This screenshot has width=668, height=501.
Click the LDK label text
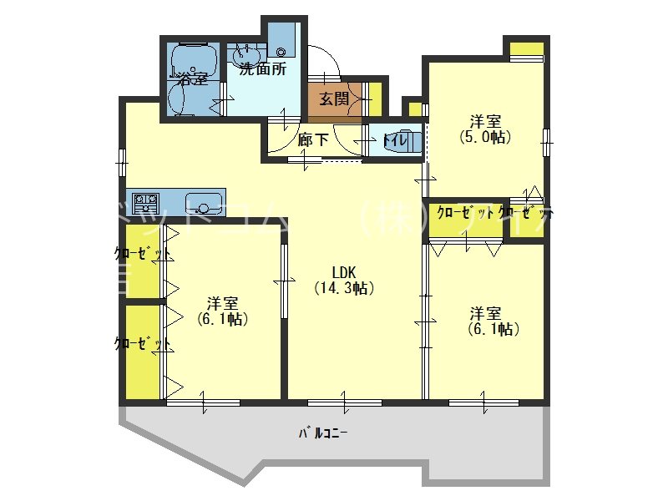coord(345,272)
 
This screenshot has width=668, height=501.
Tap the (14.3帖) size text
coord(344,289)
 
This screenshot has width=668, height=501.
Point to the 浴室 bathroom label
coord(193,80)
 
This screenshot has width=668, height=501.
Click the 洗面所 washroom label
coord(263,69)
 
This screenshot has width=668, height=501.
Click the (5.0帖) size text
coord(485,136)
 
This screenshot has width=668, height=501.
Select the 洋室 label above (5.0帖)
coord(485,120)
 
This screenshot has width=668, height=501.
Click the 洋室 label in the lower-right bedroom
coord(485,314)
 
